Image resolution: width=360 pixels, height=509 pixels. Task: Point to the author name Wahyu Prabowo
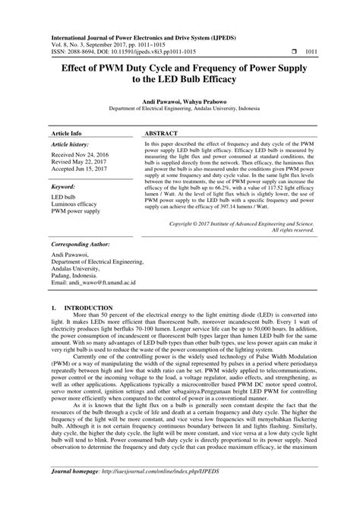(205, 100)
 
